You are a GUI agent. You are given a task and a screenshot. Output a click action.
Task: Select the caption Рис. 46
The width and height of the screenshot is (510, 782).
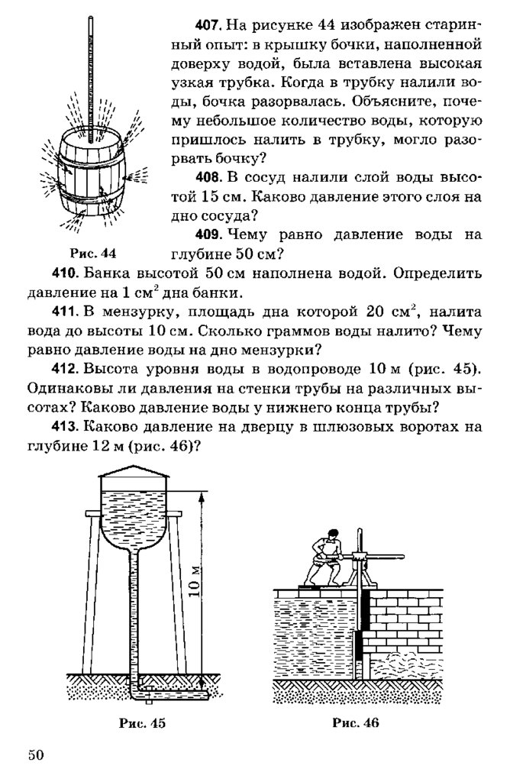pyautogui.click(x=356, y=721)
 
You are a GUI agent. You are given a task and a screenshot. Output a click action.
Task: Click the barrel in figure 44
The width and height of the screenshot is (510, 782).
pyautogui.click(x=90, y=176)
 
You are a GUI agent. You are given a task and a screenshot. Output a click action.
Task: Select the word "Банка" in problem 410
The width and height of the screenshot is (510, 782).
pyautogui.click(x=98, y=273)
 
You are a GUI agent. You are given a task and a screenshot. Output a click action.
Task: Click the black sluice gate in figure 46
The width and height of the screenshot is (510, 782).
pyautogui.click(x=361, y=626)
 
